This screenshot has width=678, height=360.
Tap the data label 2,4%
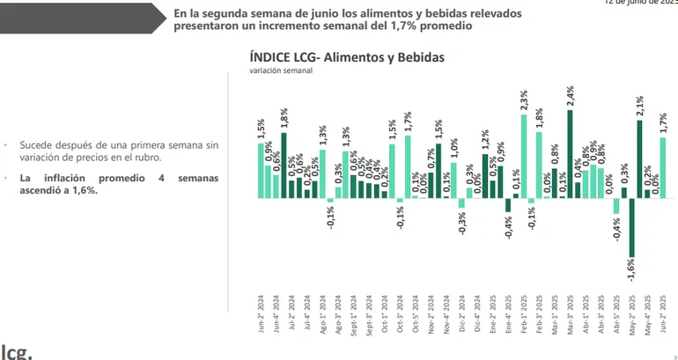point(571,97)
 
